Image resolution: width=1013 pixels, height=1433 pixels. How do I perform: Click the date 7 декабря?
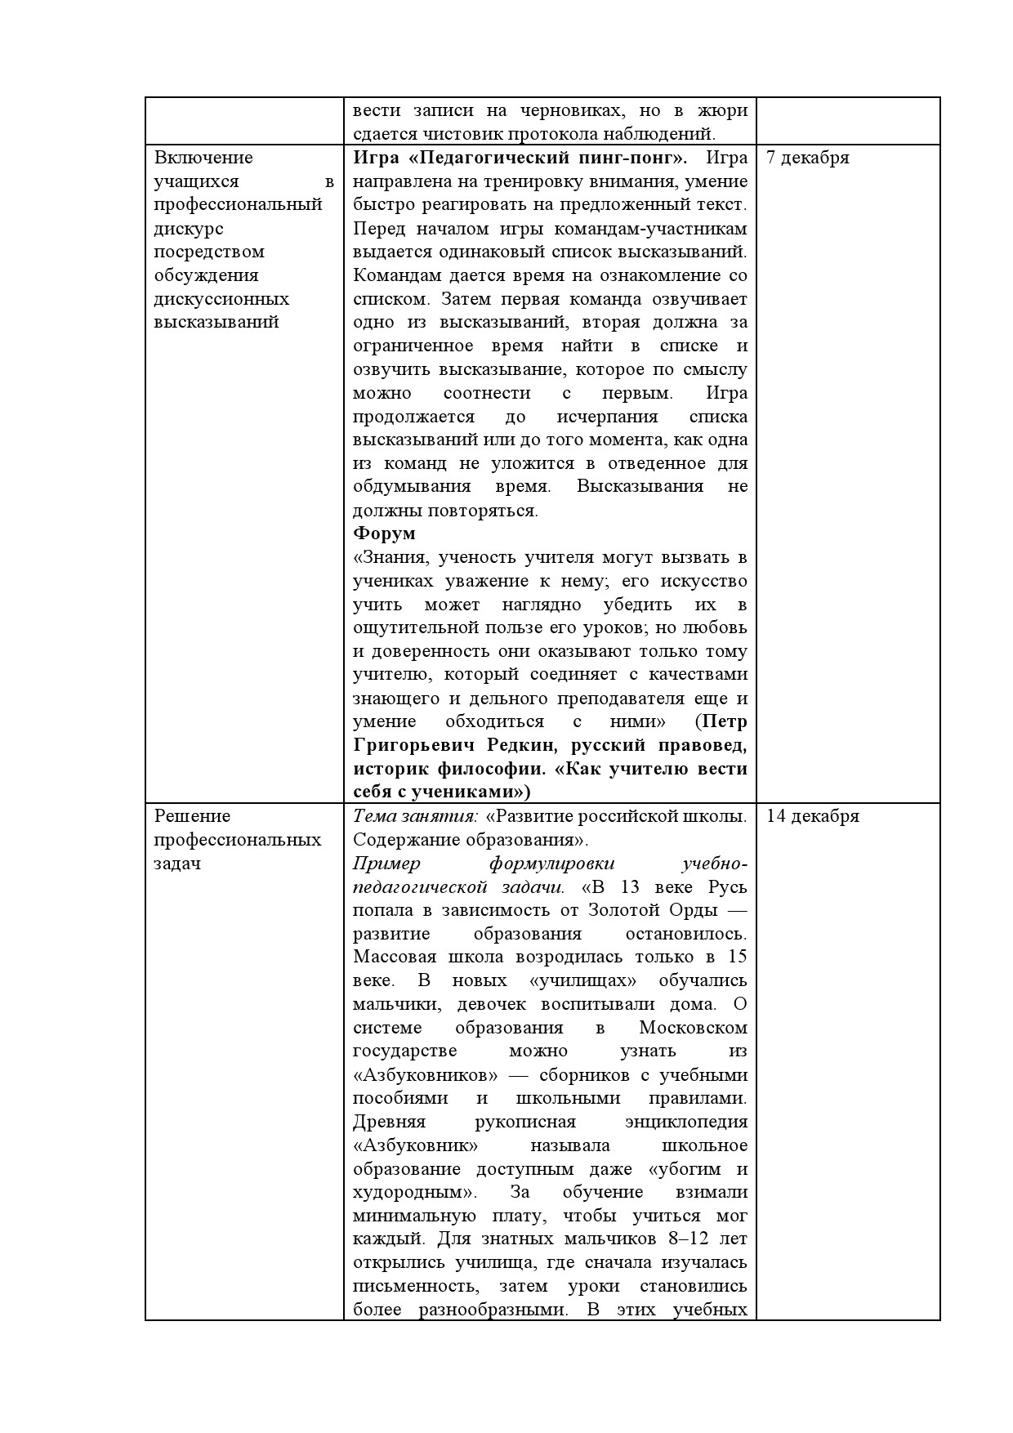click(808, 158)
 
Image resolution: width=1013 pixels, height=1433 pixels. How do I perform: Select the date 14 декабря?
click(813, 816)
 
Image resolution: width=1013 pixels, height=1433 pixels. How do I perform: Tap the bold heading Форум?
click(384, 533)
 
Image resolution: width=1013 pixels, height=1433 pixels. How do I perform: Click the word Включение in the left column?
click(203, 158)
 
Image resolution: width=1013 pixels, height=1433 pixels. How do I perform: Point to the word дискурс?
click(189, 229)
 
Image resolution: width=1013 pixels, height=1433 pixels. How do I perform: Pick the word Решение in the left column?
click(193, 816)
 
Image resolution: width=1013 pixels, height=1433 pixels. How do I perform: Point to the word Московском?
click(693, 1028)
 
